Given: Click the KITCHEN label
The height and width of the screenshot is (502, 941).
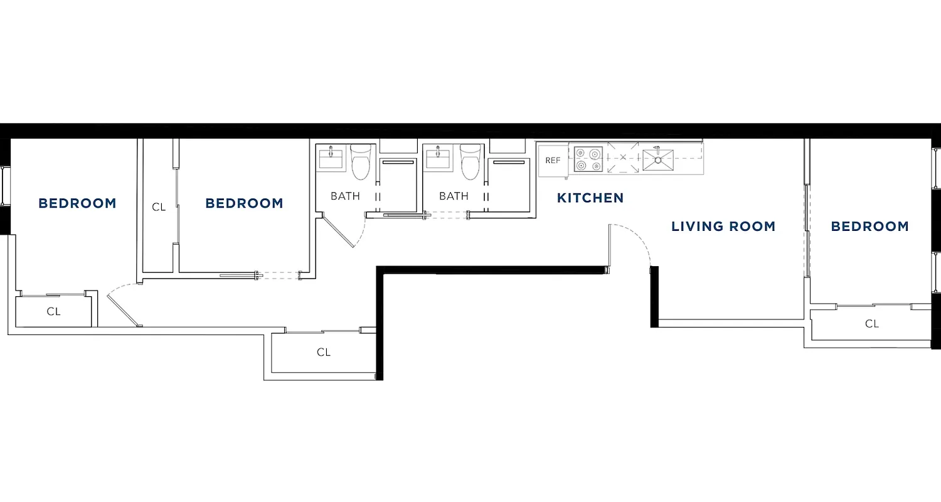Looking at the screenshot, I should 590,198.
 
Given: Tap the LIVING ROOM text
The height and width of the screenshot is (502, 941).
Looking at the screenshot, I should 723,227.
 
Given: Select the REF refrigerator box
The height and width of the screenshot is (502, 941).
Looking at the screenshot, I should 553,161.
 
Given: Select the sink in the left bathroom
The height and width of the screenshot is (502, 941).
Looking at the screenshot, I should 331,158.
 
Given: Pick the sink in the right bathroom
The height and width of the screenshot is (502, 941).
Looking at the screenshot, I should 439,158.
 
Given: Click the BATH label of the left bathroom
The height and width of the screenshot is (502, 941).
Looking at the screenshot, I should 345,196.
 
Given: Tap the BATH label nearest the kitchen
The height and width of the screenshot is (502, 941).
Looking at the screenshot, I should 454,196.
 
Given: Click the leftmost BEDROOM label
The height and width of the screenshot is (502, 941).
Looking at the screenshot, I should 77,203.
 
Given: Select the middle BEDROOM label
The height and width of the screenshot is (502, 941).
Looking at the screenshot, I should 244,203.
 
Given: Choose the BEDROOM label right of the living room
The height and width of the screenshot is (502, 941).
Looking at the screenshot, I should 869,227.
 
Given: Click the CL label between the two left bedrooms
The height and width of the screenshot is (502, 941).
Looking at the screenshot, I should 159,206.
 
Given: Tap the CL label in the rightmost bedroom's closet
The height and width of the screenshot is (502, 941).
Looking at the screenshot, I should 871,324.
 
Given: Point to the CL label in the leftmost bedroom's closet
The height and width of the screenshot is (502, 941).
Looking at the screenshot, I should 53,311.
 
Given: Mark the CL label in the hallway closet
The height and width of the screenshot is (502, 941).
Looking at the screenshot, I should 323,353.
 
